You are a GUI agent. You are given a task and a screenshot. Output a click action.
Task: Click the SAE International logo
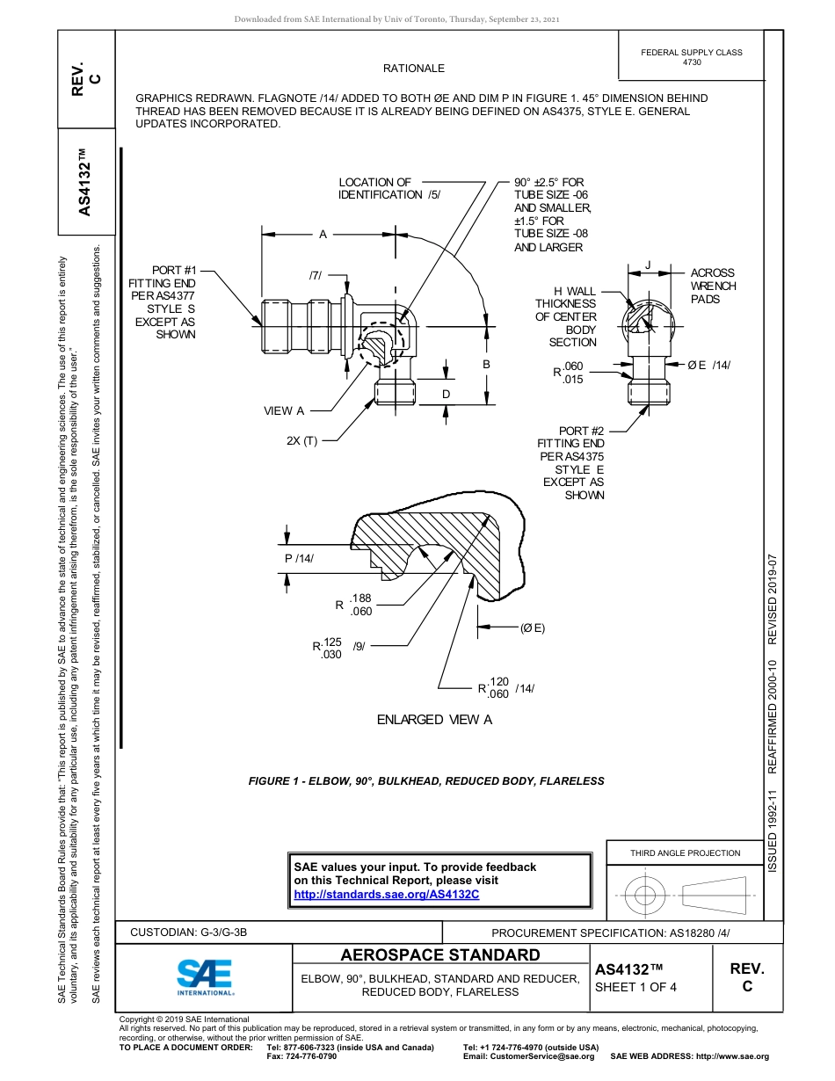(x=204, y=976)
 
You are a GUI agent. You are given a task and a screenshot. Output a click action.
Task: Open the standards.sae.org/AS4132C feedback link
(x=386, y=895)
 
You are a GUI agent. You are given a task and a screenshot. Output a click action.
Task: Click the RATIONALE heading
(x=413, y=69)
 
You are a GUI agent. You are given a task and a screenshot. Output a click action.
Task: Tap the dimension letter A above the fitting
(x=323, y=235)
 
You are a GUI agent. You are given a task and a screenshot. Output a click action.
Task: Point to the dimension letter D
(x=446, y=395)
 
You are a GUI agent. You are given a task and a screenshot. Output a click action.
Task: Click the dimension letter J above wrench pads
(x=648, y=265)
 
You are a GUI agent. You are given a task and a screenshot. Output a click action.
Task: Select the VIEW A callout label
(x=284, y=410)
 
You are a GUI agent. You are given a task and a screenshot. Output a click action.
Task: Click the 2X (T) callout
(x=301, y=441)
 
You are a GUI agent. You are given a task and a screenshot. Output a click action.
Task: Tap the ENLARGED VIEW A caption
(x=434, y=720)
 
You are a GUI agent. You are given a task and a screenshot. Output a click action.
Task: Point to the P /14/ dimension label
(x=299, y=559)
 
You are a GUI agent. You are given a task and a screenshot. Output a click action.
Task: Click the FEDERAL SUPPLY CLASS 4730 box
(x=691, y=57)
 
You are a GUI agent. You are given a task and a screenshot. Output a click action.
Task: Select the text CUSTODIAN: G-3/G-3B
(x=188, y=932)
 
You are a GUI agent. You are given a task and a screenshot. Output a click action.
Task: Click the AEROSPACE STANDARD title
(x=439, y=955)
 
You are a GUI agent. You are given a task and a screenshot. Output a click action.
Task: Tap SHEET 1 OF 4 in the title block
(x=635, y=986)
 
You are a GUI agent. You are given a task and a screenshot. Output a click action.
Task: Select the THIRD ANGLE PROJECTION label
(x=685, y=852)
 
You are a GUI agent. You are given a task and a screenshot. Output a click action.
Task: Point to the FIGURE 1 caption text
(x=425, y=780)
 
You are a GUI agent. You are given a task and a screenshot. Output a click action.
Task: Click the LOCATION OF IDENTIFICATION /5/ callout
(x=388, y=188)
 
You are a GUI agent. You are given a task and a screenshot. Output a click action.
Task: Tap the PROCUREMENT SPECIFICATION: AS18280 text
(x=610, y=932)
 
